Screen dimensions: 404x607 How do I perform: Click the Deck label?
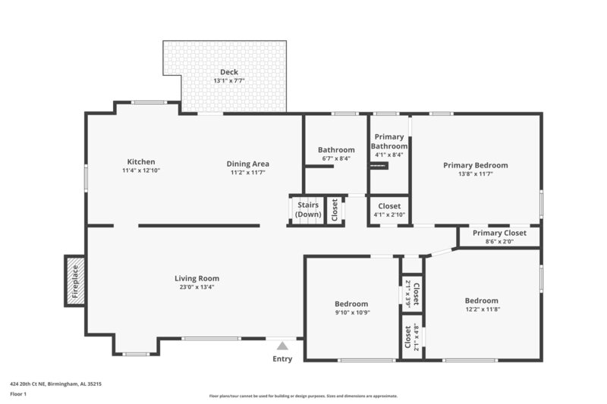tap(229, 72)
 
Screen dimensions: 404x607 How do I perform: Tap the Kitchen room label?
tap(141, 161)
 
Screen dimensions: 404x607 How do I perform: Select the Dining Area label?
tap(248, 164)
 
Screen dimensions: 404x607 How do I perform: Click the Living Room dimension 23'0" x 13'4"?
tap(197, 287)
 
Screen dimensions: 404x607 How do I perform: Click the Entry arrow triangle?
tap(282, 346)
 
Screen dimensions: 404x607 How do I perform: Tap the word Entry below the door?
tap(282, 359)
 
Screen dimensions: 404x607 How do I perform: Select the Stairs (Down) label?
tap(307, 209)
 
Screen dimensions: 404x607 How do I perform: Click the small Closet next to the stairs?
tap(335, 210)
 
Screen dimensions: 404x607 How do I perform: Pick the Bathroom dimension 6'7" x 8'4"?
tap(336, 158)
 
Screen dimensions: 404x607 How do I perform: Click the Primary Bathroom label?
tap(389, 142)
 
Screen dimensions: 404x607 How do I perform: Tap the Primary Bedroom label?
tap(476, 164)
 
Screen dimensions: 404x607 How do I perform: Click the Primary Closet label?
tap(498, 233)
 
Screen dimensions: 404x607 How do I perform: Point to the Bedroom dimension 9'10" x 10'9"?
tap(352, 312)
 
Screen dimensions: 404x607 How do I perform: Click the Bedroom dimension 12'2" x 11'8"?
tap(482, 308)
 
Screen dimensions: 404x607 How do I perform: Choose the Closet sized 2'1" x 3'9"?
tap(416, 292)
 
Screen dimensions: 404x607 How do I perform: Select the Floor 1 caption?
tap(19, 394)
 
